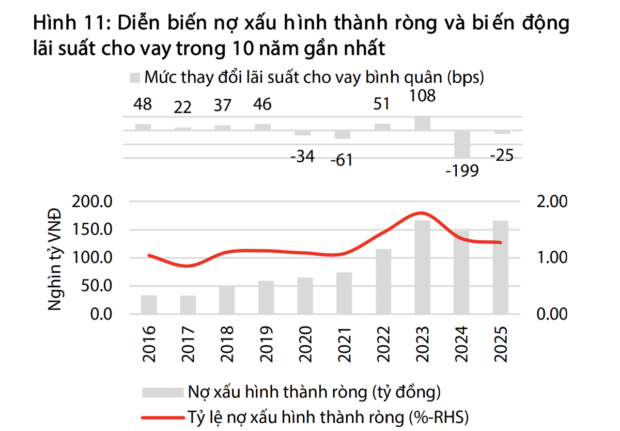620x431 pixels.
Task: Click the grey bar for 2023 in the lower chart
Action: coord(422,267)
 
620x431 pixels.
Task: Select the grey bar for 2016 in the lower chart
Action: coord(149,304)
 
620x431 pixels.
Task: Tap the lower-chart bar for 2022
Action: coord(383,281)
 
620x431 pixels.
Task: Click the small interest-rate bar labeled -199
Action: coord(462,144)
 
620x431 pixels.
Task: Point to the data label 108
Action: coord(422,96)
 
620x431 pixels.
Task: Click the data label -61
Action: coord(341,160)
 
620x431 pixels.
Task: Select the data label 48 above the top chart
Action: coord(143,105)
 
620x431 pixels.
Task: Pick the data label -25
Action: coord(501,155)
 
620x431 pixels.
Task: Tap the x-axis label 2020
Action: coord(305,344)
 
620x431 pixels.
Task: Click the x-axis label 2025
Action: coord(501,344)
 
